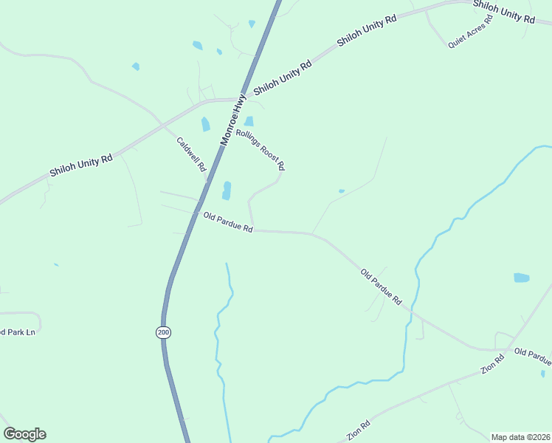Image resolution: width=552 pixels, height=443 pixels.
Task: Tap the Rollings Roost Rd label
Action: (x=261, y=151)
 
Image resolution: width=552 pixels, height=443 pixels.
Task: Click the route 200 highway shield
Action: (x=164, y=333)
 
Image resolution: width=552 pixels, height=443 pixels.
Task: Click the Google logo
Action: (x=24, y=434)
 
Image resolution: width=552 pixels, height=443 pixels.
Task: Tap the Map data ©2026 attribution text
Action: (x=520, y=437)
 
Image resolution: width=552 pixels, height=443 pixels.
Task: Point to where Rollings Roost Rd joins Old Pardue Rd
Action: (x=254, y=229)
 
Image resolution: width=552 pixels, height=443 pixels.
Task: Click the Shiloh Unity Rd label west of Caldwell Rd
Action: (x=80, y=165)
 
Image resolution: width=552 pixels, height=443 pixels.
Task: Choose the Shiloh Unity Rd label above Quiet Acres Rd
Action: (x=503, y=11)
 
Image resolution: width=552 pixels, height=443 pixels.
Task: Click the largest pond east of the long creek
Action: (x=521, y=278)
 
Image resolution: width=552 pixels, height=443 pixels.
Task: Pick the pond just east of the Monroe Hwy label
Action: (x=249, y=121)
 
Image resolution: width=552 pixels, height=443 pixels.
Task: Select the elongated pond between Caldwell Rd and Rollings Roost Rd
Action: (x=227, y=190)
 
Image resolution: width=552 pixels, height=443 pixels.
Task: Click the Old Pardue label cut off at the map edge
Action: (x=533, y=357)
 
